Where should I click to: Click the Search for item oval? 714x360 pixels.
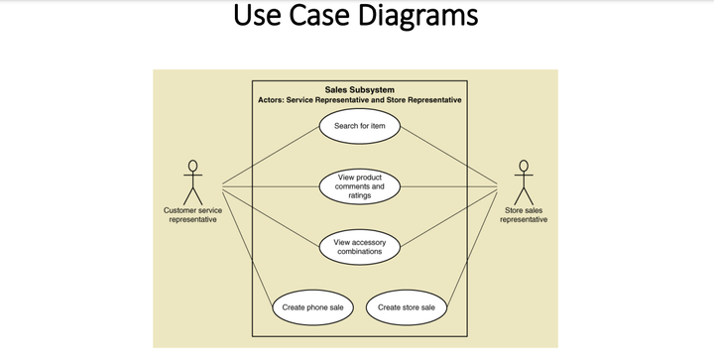pos(359,126)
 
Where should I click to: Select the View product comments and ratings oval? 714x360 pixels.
pos(359,186)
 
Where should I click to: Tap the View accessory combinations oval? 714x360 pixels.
pos(359,247)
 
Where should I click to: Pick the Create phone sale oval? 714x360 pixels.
pos(313,307)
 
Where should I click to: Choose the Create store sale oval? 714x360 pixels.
pos(407,307)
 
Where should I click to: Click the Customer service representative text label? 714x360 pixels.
pos(192,215)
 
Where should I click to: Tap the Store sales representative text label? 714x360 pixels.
pos(524,215)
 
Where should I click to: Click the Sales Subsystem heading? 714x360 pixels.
pos(359,89)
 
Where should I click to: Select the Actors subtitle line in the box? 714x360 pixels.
pos(359,100)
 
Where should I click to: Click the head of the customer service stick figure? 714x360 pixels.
pos(192,166)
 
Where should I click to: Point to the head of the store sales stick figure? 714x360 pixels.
pos(523,166)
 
